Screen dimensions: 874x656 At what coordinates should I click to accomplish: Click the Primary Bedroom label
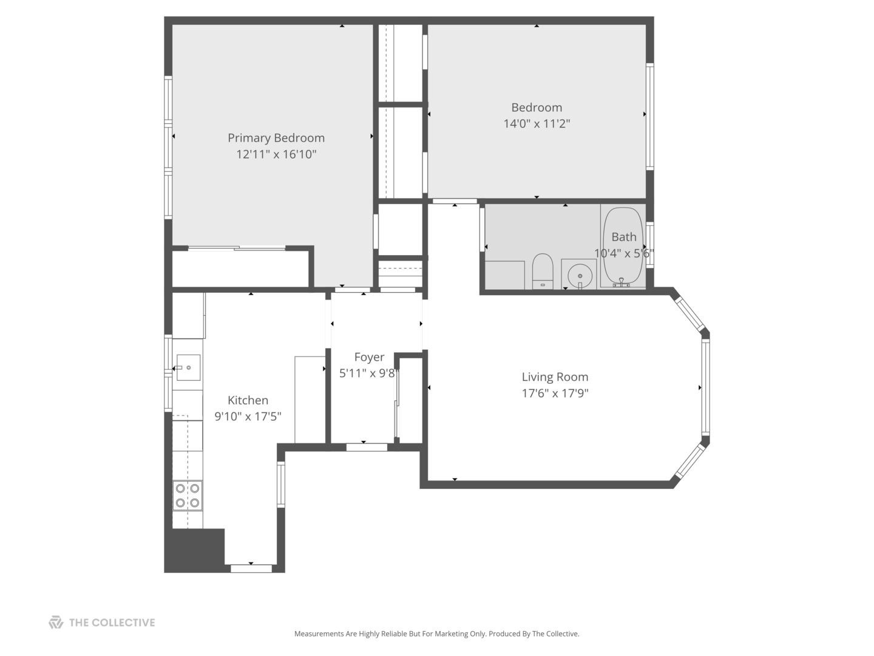276,138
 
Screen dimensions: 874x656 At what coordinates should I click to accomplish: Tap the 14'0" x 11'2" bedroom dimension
537,123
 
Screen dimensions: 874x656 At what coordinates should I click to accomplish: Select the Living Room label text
555,377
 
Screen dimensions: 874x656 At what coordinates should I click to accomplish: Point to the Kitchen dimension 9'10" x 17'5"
248,416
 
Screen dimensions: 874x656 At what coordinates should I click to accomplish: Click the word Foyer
369,357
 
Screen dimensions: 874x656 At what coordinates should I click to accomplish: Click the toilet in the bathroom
543,271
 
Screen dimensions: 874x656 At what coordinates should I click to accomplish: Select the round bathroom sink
580,275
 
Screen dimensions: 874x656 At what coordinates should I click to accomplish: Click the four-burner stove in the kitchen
187,496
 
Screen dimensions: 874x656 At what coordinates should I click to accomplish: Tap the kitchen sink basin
188,367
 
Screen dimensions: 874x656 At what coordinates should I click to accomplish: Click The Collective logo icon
56,622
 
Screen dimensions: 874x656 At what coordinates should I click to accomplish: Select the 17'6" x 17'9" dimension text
555,393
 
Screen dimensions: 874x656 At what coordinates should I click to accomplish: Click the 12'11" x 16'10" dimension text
276,154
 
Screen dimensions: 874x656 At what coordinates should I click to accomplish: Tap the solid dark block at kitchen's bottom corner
194,550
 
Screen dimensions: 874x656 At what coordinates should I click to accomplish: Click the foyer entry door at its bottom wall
367,447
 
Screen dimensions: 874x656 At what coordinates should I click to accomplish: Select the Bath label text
623,237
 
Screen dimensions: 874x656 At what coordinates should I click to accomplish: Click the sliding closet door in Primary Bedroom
237,248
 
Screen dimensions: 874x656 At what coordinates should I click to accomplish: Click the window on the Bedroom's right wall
650,116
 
